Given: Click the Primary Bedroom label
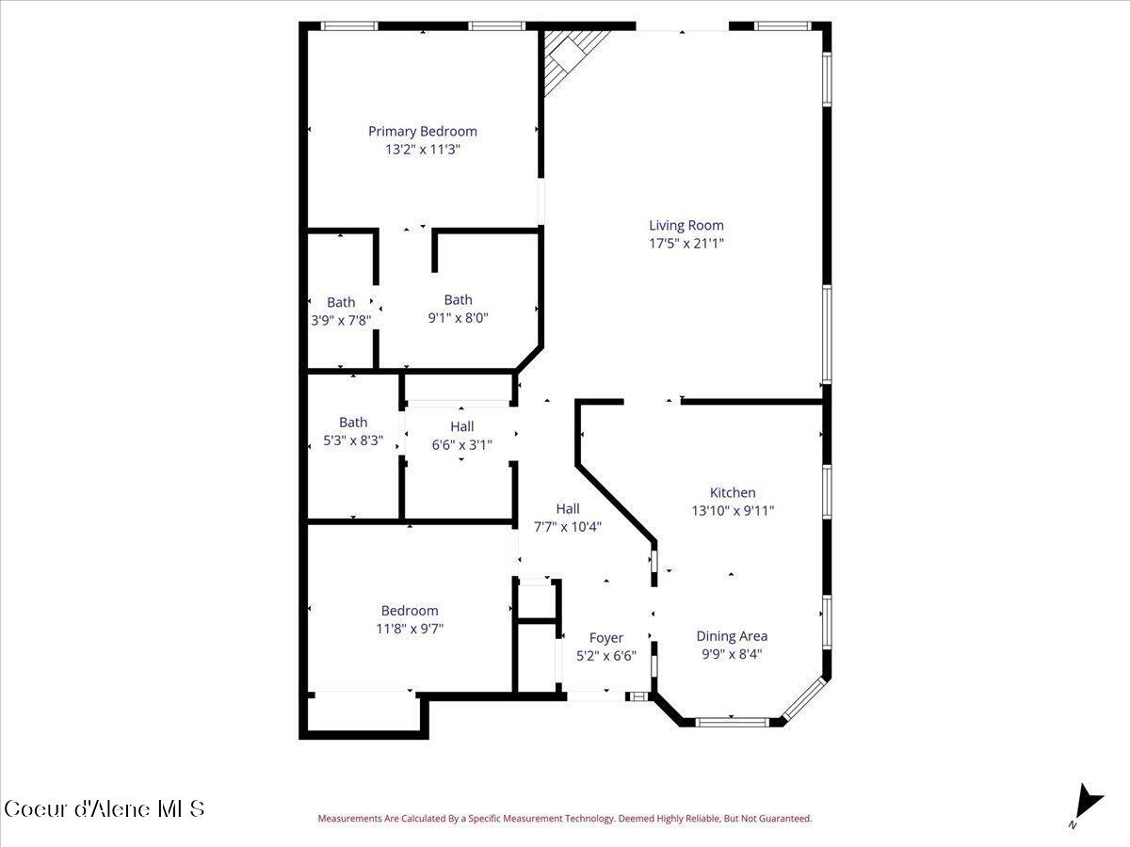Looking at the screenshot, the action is pos(423,132).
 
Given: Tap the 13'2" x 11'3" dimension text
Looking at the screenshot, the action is pos(423,150).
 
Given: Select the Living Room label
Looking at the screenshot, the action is pos(686,225).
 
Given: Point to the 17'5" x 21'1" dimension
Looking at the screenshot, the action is pos(686,243).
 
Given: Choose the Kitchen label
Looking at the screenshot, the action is pos(733,492).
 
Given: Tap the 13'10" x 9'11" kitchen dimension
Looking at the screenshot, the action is pos(733,511).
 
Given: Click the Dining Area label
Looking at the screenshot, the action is pos(732,636).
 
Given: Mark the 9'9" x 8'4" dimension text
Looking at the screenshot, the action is pos(732,654).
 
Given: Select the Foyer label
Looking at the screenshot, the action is pos(605,638).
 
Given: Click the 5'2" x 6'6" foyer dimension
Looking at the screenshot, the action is pos(605,656).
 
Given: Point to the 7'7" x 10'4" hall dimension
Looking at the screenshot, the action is pos(568,527).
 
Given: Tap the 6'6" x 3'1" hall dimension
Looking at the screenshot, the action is pos(461,445).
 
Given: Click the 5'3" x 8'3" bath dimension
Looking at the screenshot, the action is pos(353,440).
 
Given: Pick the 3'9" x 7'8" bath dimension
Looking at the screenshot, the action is pos(341,321).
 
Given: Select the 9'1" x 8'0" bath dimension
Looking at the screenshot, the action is pos(459,318).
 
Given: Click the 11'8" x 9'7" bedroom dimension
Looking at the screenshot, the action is pos(410,629).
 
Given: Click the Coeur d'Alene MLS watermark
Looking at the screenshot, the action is pos(105,809).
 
